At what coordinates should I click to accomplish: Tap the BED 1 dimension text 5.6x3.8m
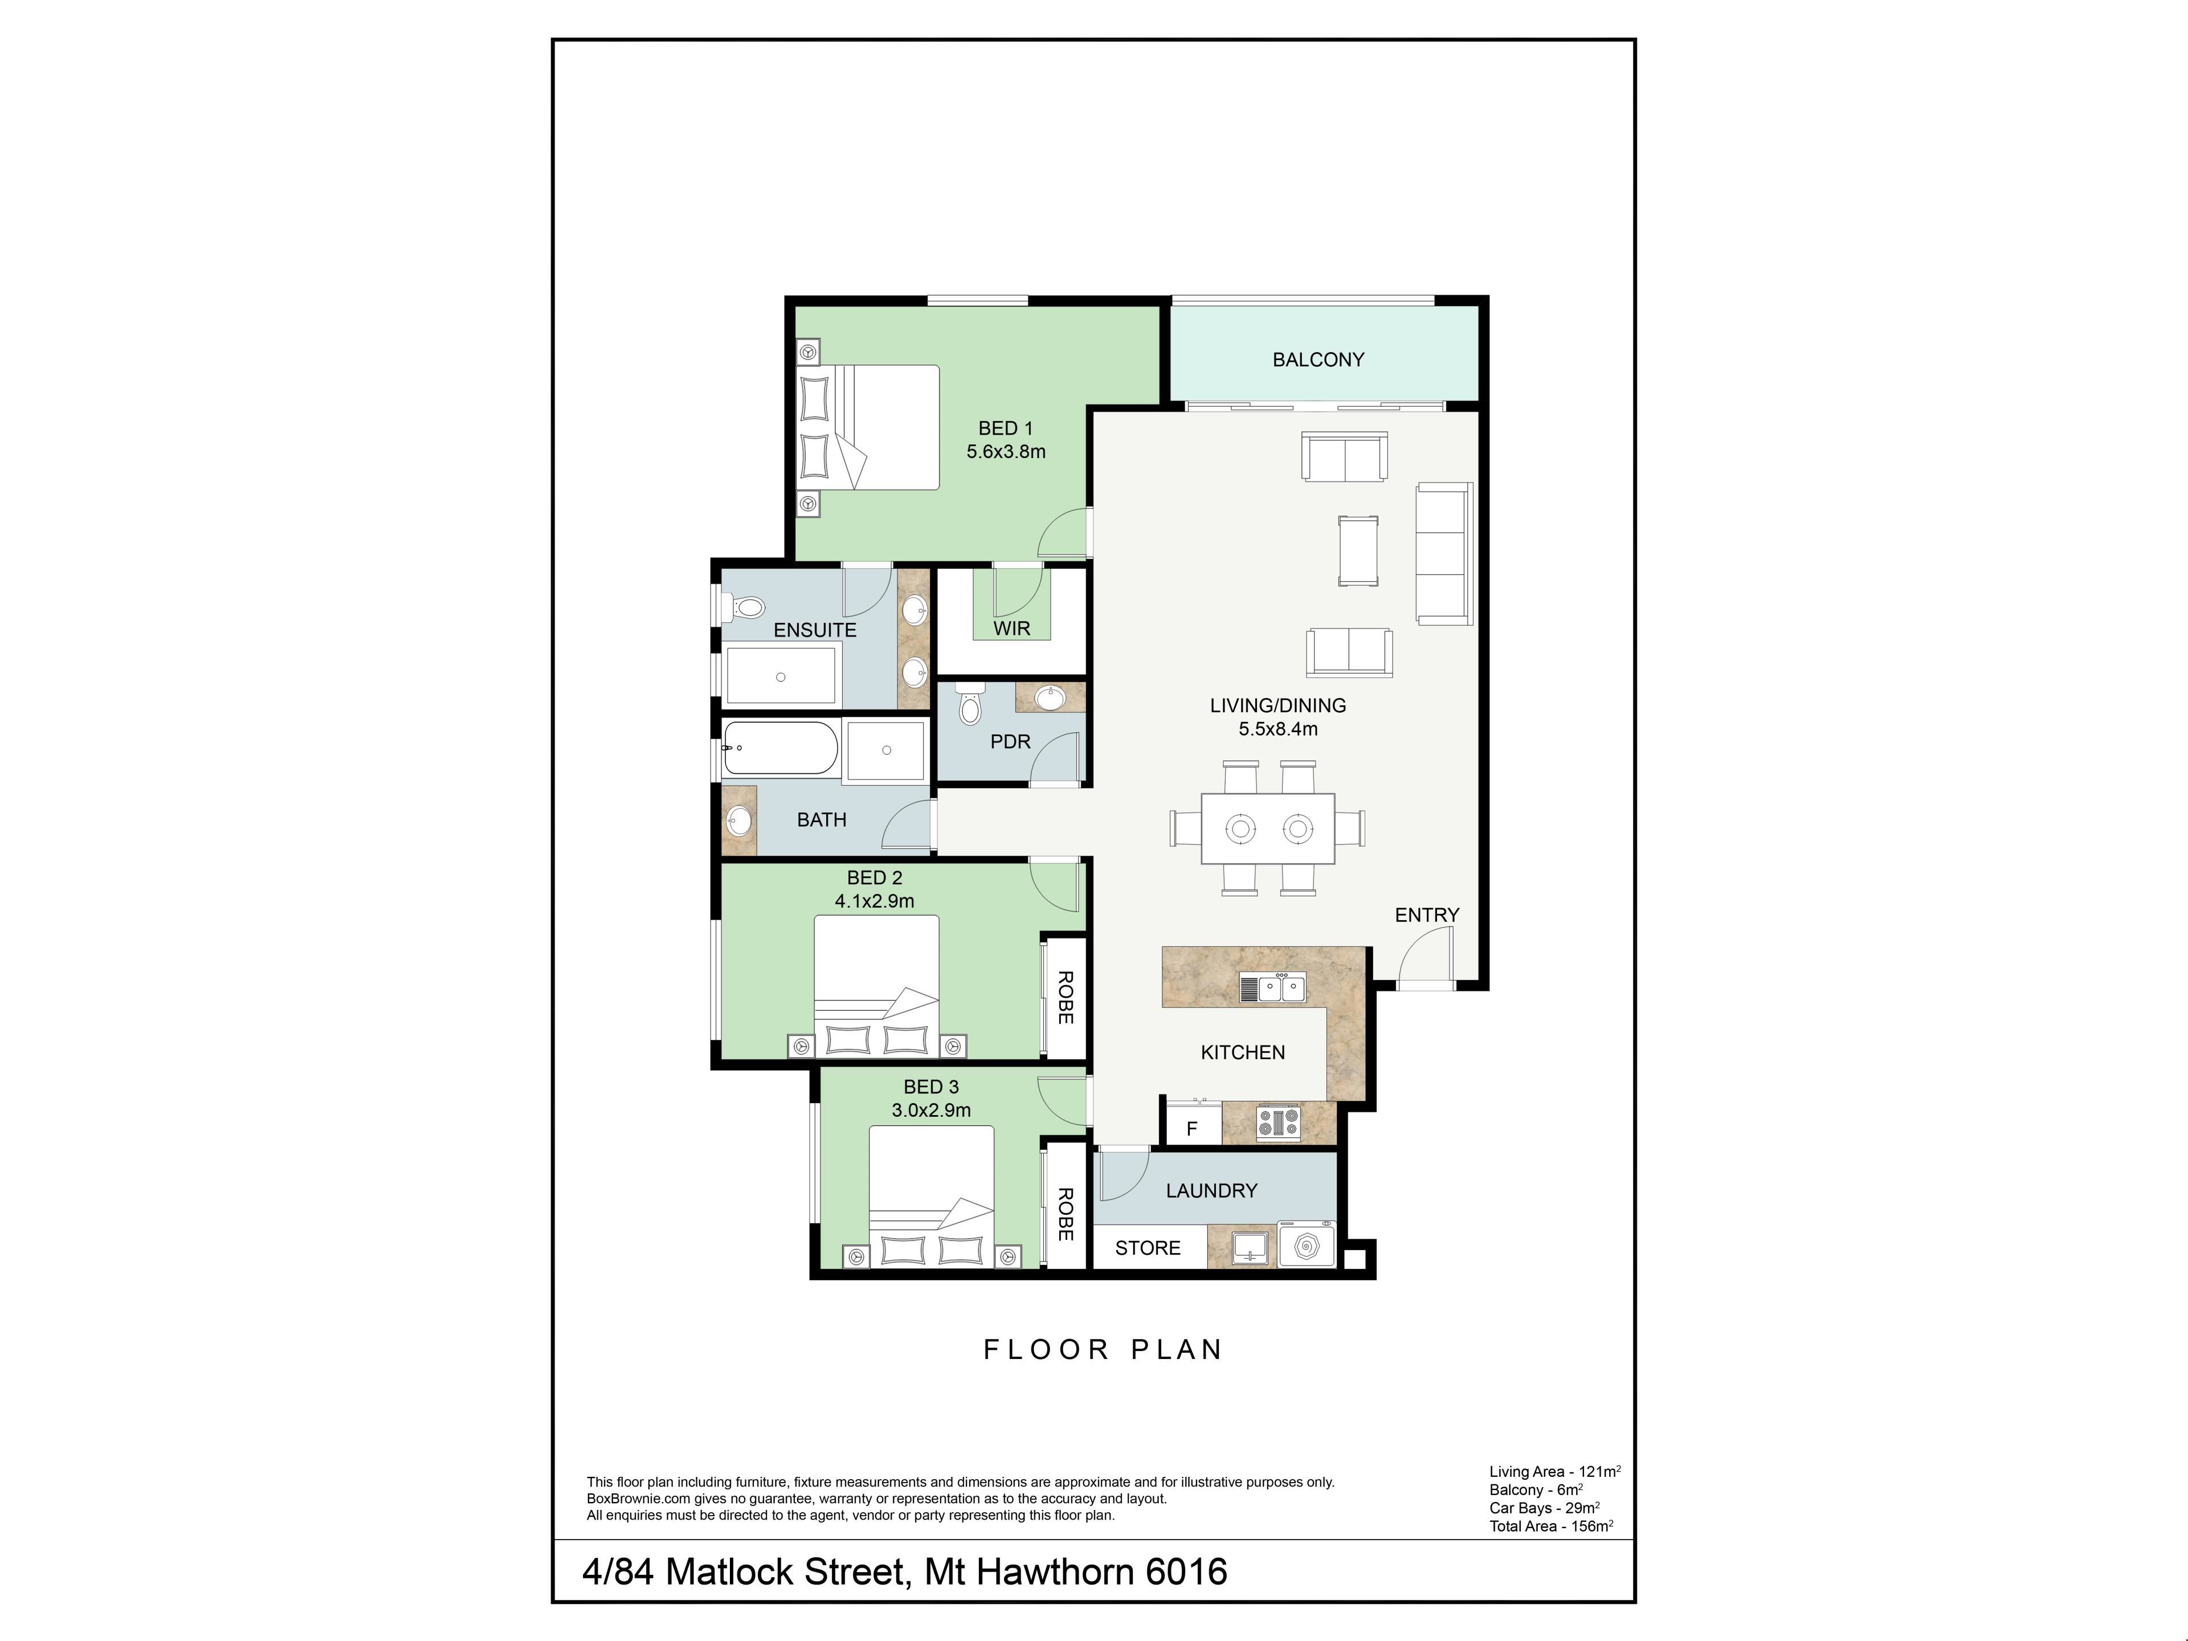(1006, 452)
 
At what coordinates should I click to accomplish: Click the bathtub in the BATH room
(781, 748)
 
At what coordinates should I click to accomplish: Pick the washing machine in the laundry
(1306, 1246)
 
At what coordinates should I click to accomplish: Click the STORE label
(1148, 1248)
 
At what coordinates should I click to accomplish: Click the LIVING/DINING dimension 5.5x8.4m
(1278, 729)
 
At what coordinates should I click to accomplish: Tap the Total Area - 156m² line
(1551, 1525)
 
